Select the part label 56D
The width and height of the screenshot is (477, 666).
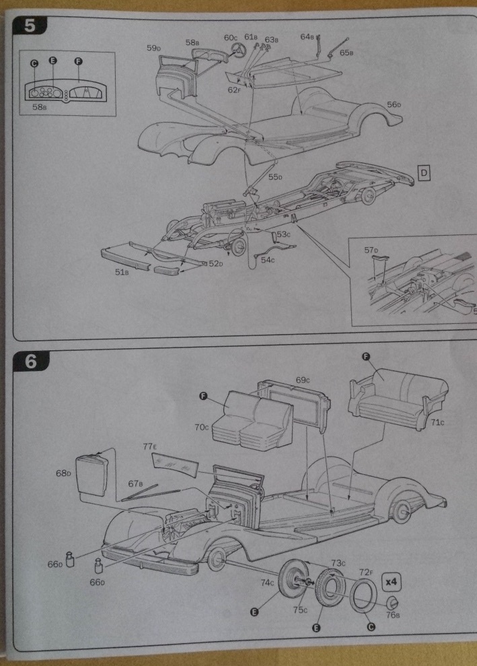[x=394, y=104]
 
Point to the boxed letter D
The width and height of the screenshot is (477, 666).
[x=425, y=173]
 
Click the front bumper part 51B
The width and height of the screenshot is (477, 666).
[x=124, y=259]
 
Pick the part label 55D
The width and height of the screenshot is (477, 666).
[x=274, y=177]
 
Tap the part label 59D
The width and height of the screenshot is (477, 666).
[x=154, y=48]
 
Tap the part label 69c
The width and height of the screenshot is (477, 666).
[x=303, y=380]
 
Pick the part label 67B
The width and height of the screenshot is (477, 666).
[x=137, y=483]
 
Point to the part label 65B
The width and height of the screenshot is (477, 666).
[x=348, y=52]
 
